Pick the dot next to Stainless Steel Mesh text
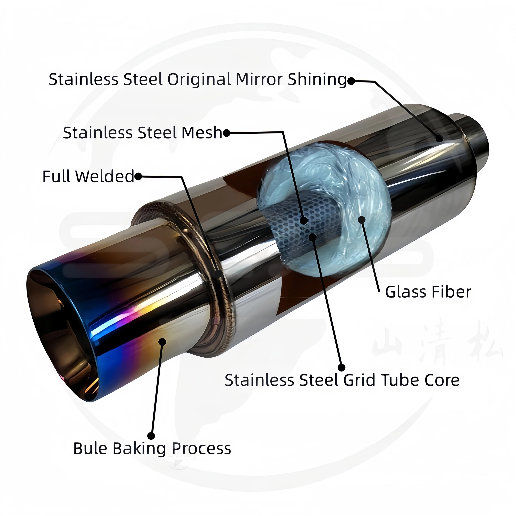[x=227, y=133]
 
